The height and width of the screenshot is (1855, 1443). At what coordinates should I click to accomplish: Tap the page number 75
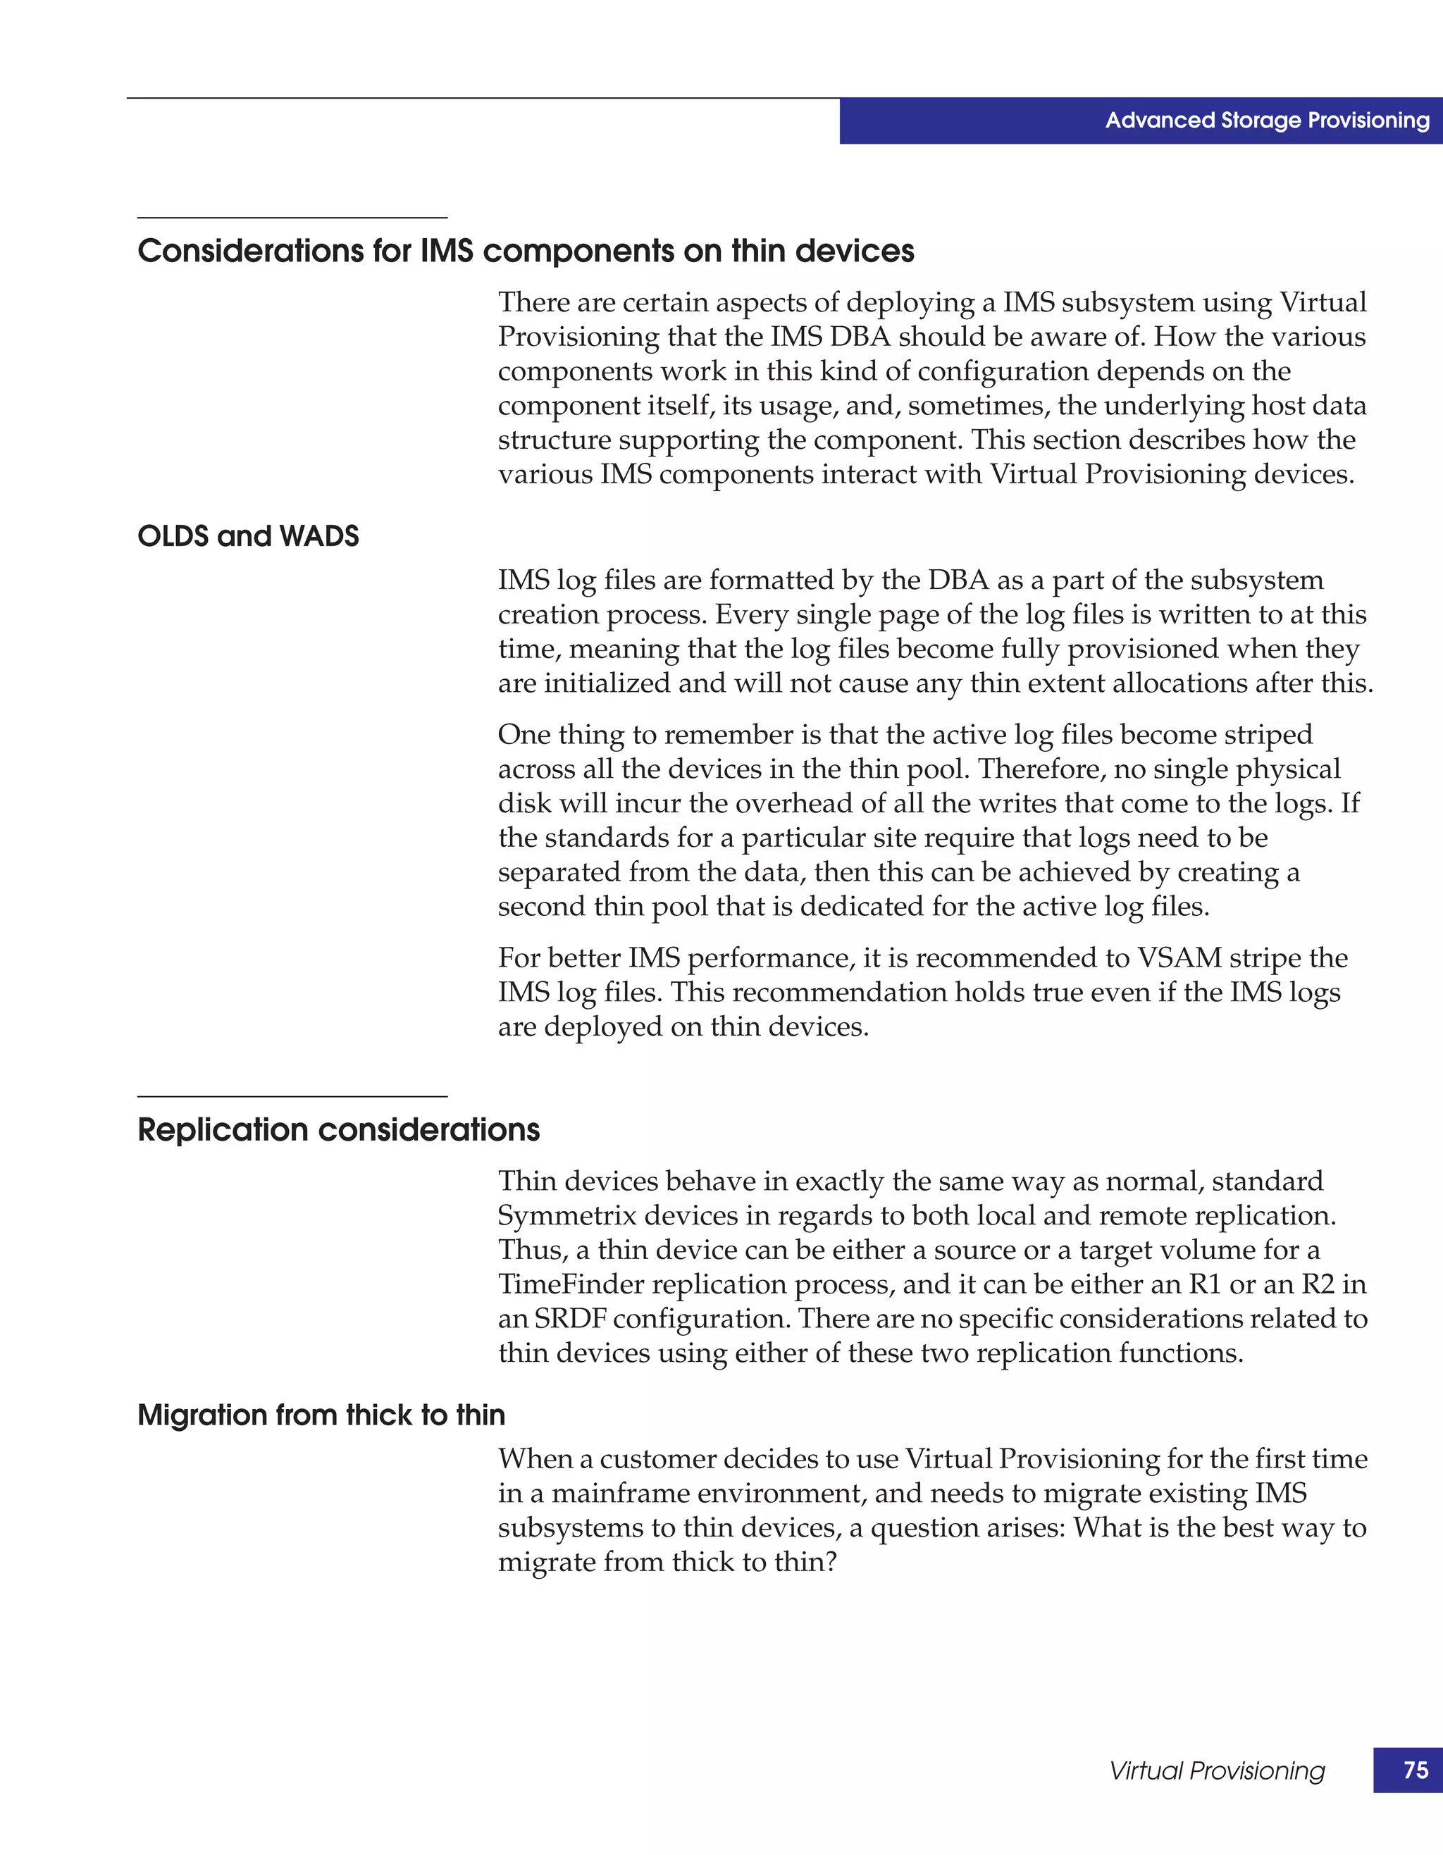click(x=1415, y=1769)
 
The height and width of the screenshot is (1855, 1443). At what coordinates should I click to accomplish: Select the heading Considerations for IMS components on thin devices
click(x=526, y=252)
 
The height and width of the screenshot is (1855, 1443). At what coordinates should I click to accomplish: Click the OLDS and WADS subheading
click(x=248, y=536)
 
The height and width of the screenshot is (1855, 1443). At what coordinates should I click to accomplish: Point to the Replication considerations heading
click(x=338, y=1129)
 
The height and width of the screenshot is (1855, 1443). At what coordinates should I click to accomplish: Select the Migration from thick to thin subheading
click(x=321, y=1414)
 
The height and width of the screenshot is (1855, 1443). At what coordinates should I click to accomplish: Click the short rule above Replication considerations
click(x=292, y=1096)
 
